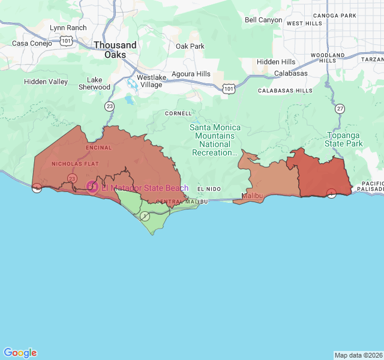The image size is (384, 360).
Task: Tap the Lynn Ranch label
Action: pyautogui.click(x=68, y=28)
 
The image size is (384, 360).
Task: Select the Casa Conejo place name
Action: pyautogui.click(x=33, y=43)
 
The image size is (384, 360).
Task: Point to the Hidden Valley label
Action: pyautogui.click(x=46, y=82)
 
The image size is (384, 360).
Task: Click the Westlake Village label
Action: pyautogui.click(x=151, y=81)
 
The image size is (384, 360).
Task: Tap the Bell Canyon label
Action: pyautogui.click(x=263, y=20)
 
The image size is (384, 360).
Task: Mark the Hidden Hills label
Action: pyautogui.click(x=276, y=62)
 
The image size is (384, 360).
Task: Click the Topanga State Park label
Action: pyautogui.click(x=344, y=139)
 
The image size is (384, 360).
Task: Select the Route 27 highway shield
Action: pyautogui.click(x=340, y=109)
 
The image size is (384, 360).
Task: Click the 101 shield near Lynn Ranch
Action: pyautogui.click(x=66, y=41)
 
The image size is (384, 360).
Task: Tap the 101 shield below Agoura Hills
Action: pyautogui.click(x=228, y=88)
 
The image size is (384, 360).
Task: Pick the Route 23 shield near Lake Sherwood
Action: pyautogui.click(x=109, y=106)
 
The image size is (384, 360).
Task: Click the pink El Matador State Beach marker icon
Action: pyautogui.click(x=92, y=187)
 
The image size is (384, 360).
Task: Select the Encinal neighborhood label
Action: pyautogui.click(x=99, y=148)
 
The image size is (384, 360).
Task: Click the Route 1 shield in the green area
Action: pyautogui.click(x=145, y=215)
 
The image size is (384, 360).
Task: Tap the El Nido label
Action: pyautogui.click(x=209, y=189)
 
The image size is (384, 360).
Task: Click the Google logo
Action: pyautogui.click(x=20, y=353)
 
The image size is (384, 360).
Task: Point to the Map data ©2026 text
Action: pyautogui.click(x=358, y=355)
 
